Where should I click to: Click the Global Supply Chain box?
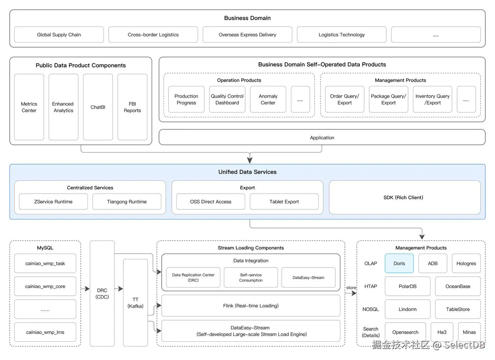(x=59, y=34)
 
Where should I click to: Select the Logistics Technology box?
(x=341, y=34)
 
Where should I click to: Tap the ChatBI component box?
(x=98, y=107)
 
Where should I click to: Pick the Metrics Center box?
(x=29, y=107)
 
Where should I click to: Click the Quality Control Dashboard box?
(x=227, y=99)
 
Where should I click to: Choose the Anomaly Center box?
(x=268, y=99)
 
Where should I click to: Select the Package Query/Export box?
(x=389, y=99)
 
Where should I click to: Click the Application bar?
(x=322, y=137)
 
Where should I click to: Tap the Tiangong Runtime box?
(x=127, y=201)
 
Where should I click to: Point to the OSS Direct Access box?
(x=211, y=201)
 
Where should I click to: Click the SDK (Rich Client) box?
(x=405, y=197)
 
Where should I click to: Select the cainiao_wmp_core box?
(x=45, y=286)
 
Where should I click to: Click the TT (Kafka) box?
(x=135, y=302)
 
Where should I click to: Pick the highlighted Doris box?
(x=399, y=263)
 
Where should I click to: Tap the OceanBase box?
(x=457, y=286)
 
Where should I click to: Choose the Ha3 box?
(x=442, y=332)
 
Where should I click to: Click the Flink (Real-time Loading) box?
(x=251, y=305)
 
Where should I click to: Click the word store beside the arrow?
(x=351, y=288)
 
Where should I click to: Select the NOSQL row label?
(x=370, y=309)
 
